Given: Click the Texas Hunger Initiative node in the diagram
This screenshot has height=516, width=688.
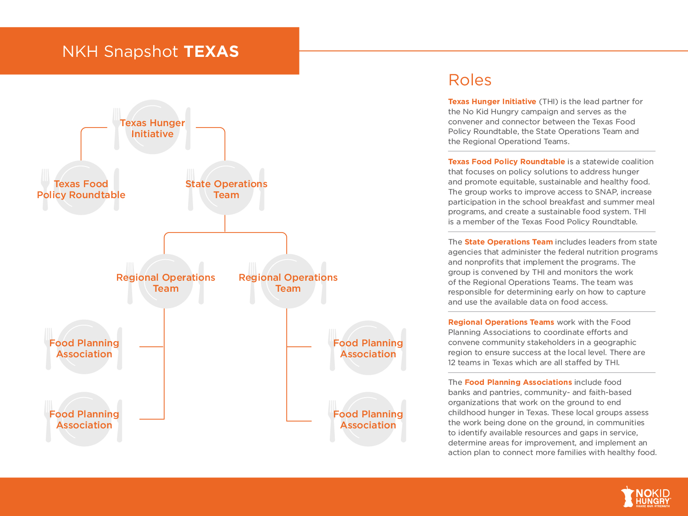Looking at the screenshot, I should tap(152, 128).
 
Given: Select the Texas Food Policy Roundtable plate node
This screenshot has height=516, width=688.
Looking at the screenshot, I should tap(81, 189).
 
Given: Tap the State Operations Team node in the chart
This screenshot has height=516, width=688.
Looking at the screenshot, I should tap(226, 189).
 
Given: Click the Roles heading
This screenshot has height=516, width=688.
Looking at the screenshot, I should tap(470, 80).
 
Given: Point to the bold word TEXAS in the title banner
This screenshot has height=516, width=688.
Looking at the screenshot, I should tap(211, 51).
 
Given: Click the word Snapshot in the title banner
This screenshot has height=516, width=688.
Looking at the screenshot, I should tap(141, 51).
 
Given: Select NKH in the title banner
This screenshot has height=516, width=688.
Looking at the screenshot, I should tap(80, 51).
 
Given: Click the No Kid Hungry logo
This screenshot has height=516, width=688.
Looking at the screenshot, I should tap(646, 497).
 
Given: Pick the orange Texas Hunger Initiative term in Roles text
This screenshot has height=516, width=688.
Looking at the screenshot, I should tap(492, 101).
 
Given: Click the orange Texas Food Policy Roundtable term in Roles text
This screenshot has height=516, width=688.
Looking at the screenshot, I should tap(506, 161).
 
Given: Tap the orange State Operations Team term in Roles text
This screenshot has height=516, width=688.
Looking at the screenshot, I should tap(508, 242).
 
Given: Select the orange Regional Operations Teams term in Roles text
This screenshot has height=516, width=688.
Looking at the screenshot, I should tap(501, 322).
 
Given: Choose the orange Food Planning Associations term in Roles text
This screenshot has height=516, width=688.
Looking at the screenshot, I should tap(518, 382).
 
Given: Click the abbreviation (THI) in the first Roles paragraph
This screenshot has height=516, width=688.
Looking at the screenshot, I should tap(549, 101).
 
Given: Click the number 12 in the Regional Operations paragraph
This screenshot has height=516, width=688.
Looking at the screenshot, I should tap(452, 362).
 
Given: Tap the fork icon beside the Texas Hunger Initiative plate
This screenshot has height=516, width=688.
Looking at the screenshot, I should tap(117, 128).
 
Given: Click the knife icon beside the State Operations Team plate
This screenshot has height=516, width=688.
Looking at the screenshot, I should tap(262, 189).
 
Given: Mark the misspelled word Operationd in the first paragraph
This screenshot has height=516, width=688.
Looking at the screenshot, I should tap(520, 141).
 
